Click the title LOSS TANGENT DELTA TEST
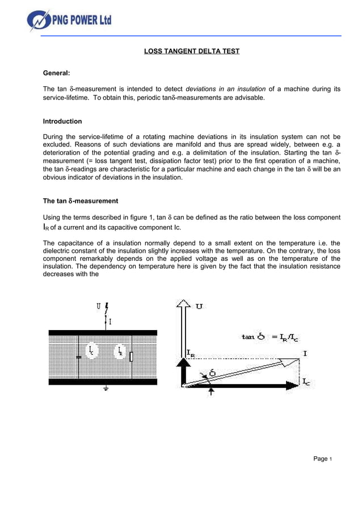tap(191, 52)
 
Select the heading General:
tap(57, 73)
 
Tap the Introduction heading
tap(62, 122)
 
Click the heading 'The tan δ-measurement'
tap(81, 201)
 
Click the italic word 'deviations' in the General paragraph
tap(202, 89)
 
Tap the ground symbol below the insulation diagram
tap(106, 389)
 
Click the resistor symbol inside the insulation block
tap(132, 357)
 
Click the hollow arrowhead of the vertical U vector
tap(184, 307)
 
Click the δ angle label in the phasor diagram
tap(212, 373)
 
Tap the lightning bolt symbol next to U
tap(107, 309)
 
